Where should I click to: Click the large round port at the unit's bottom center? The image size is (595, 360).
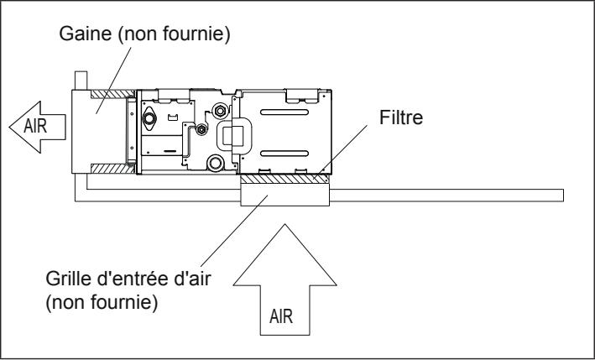(x=217, y=161)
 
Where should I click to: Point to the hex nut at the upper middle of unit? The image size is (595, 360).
(x=220, y=109)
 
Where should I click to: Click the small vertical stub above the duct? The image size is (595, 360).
(x=82, y=78)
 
